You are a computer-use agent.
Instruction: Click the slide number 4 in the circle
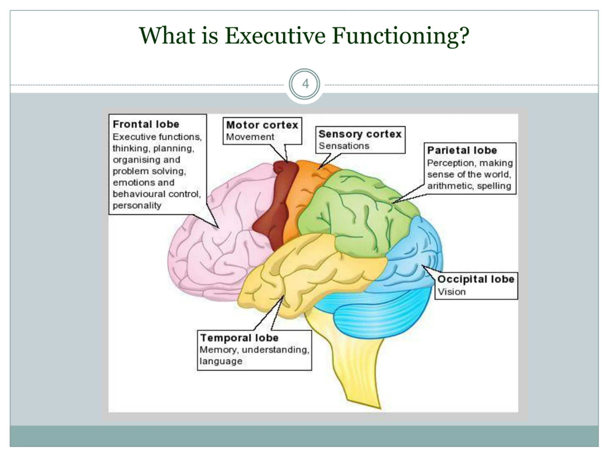click(305, 84)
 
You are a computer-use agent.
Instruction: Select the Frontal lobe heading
click(146, 124)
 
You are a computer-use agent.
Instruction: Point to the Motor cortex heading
click(262, 125)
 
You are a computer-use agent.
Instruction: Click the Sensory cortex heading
click(360, 134)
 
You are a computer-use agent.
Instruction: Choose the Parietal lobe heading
click(462, 150)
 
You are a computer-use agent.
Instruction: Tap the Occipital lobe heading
click(476, 279)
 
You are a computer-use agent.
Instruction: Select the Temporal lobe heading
click(239, 338)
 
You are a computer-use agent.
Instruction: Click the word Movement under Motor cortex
click(250, 137)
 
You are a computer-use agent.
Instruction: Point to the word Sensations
click(344, 146)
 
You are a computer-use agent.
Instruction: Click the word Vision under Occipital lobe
click(452, 292)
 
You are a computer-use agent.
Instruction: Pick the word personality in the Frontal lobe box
click(137, 205)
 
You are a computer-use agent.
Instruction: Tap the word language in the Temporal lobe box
click(221, 361)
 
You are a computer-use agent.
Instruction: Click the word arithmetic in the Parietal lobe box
click(450, 186)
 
